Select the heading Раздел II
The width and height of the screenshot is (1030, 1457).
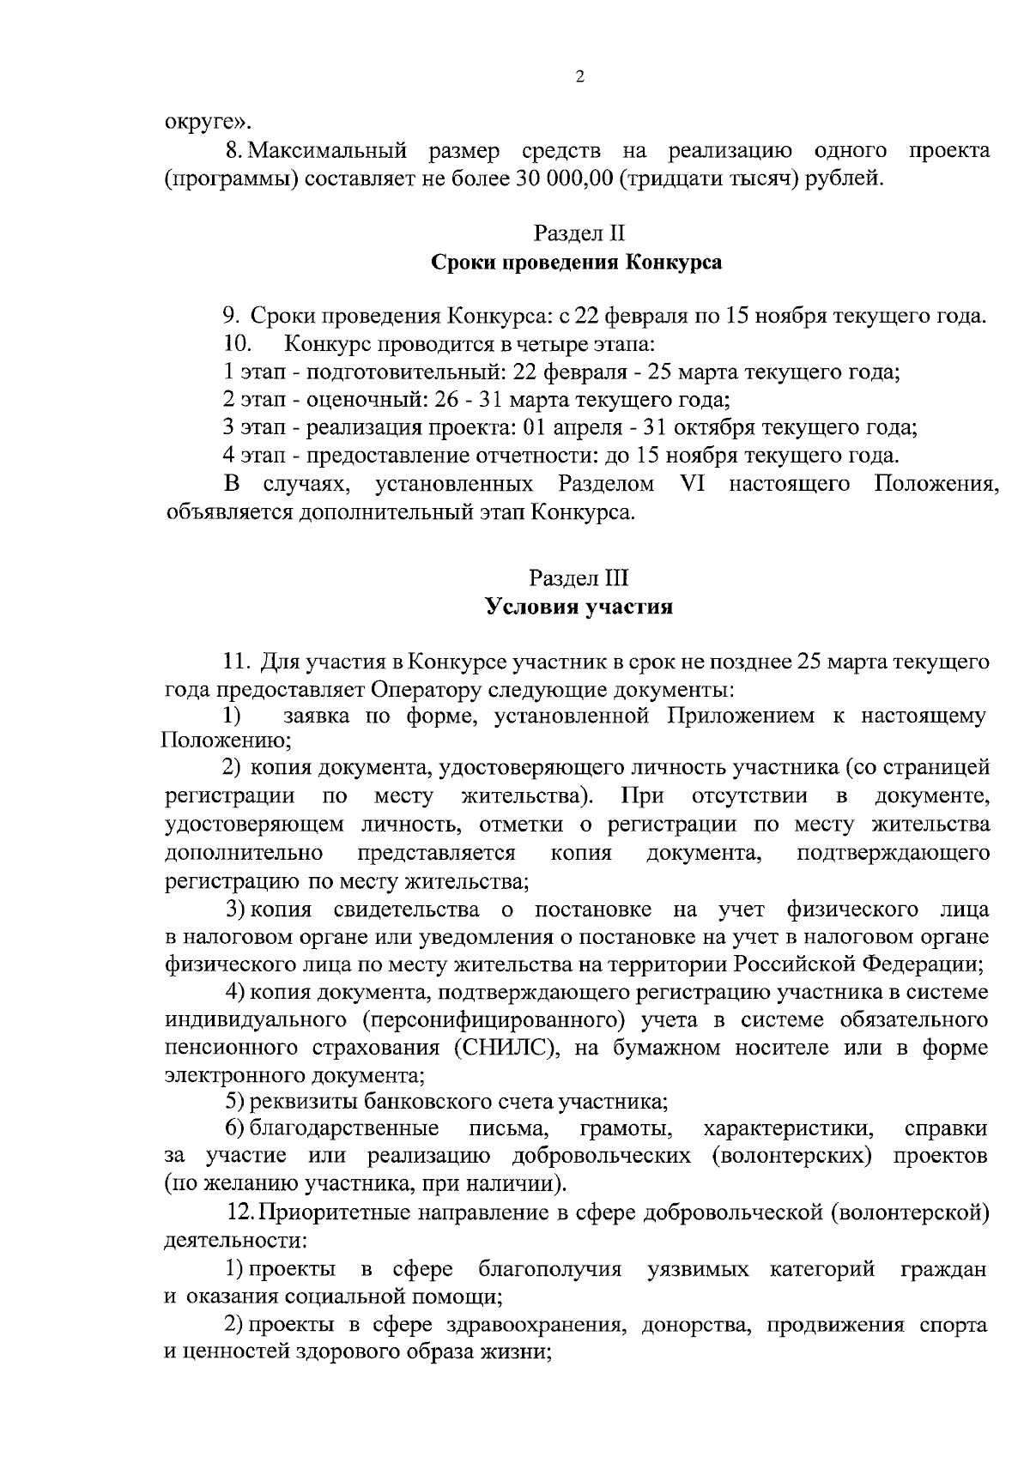(579, 233)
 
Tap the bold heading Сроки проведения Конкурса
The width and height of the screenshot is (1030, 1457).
(576, 262)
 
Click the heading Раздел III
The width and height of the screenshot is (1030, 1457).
(579, 578)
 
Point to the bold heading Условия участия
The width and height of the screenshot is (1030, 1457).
(579, 608)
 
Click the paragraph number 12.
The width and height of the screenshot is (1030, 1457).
(239, 1213)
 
